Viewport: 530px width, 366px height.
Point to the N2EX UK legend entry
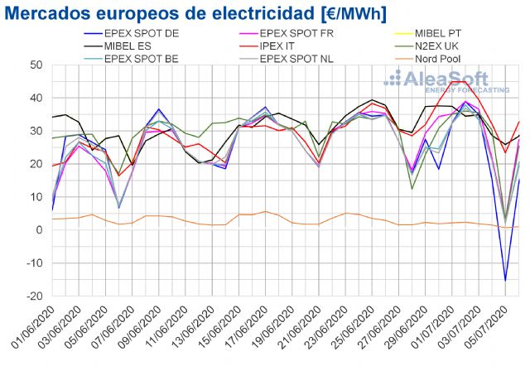tap(448, 46)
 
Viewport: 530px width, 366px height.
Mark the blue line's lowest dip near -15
tap(505, 281)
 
